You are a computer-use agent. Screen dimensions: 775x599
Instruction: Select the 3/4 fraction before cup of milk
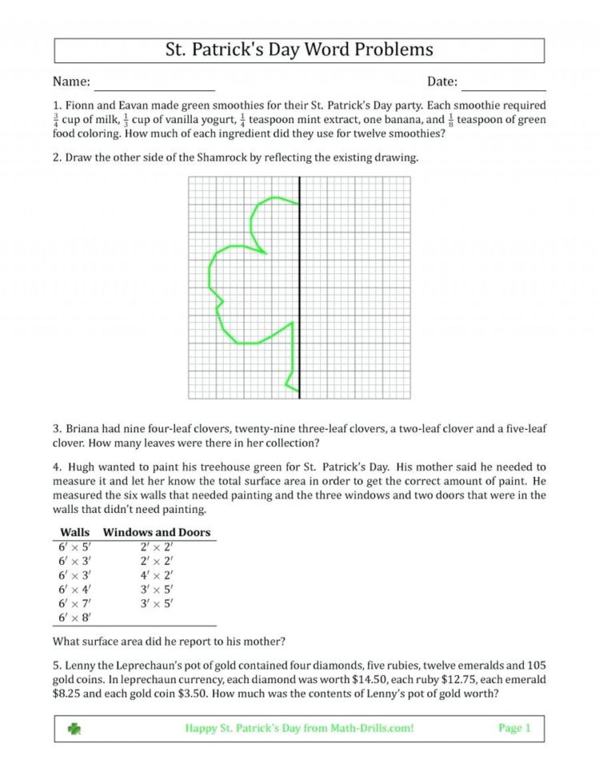pos(56,120)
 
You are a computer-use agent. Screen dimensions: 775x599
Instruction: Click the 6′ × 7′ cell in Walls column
pos(74,603)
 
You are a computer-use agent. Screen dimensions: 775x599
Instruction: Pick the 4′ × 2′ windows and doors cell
pos(157,574)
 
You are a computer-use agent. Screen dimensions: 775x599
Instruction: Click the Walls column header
pos(75,532)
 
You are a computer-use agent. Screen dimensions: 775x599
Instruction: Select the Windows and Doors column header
pos(157,532)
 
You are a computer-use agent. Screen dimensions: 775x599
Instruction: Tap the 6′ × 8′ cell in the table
pos(74,618)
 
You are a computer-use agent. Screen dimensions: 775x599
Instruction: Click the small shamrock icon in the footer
pos(74,728)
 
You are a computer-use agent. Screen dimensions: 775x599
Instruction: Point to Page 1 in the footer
pos(514,728)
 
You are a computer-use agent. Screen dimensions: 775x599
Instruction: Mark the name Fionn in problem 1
pos(81,105)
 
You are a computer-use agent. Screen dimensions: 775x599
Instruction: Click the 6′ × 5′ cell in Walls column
pos(74,546)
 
